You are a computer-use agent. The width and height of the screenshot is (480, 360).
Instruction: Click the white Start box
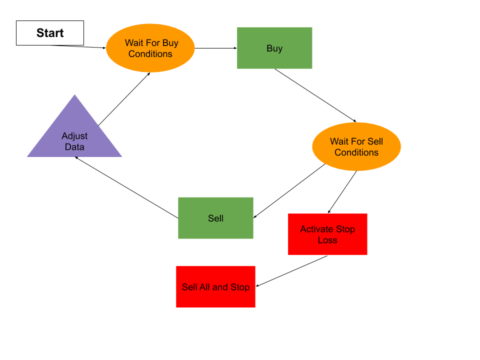click(x=50, y=33)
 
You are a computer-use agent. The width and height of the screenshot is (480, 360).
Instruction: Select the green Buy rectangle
click(x=274, y=48)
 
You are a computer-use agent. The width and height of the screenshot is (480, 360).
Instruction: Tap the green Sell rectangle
click(x=215, y=218)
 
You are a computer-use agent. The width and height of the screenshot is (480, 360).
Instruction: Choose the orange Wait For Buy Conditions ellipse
click(x=150, y=48)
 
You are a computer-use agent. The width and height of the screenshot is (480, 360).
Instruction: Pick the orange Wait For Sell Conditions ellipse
click(x=356, y=146)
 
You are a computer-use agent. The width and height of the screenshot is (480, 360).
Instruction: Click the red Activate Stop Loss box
click(x=327, y=234)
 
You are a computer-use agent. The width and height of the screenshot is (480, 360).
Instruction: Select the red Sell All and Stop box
click(x=215, y=286)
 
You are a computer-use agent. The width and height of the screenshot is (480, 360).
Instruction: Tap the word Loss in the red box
click(x=327, y=240)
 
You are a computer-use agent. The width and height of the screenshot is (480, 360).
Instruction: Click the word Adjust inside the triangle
click(x=74, y=136)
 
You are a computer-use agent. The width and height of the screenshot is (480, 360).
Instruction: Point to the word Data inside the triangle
click(x=74, y=147)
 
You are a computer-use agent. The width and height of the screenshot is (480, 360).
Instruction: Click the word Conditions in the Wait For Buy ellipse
click(x=150, y=54)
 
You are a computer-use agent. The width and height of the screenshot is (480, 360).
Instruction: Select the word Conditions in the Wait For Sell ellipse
click(x=356, y=152)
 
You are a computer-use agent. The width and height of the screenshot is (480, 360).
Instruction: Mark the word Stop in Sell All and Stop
click(x=239, y=287)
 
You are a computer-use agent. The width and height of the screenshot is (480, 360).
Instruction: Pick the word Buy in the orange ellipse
click(x=170, y=43)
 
